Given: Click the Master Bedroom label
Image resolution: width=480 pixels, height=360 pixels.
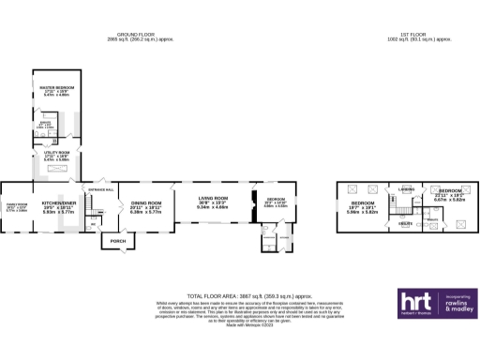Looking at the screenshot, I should point(57,87).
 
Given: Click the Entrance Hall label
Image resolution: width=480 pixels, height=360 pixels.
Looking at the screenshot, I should point(100,190).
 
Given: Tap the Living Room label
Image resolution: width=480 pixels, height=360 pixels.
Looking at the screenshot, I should point(212,199).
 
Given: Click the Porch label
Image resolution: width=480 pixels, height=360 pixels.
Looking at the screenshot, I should point(118,241).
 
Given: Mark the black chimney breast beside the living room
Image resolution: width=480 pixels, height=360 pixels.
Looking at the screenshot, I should point(253,200).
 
